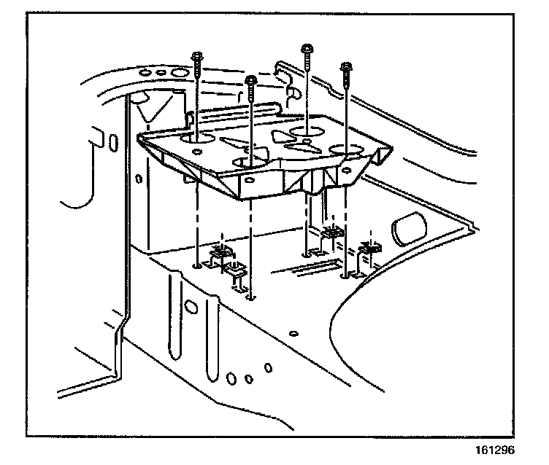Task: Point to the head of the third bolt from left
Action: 307,50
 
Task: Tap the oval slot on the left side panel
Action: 113,141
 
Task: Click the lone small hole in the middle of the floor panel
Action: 293,333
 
